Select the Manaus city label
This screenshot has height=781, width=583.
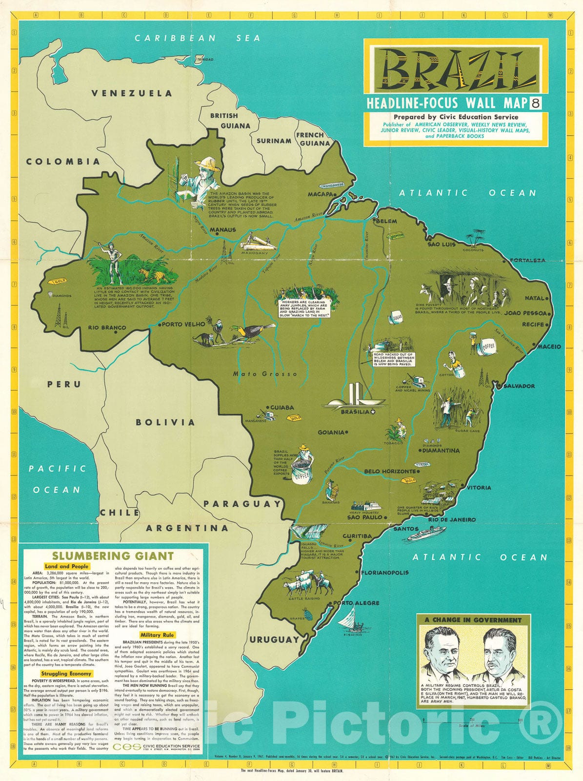(222, 229)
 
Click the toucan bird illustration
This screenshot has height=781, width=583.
(255, 331)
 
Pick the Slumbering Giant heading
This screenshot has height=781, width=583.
(112, 555)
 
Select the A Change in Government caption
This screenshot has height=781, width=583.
(473, 620)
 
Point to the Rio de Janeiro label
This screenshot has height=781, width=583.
(451, 519)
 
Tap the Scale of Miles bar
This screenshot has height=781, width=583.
(472, 720)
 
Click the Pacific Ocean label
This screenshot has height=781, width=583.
(57, 479)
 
